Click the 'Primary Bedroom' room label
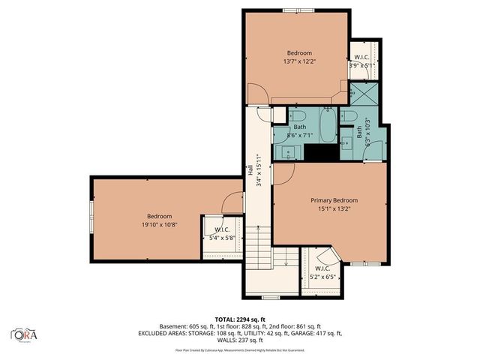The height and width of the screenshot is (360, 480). coord(334,200)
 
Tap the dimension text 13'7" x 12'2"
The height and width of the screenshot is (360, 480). coord(298,61)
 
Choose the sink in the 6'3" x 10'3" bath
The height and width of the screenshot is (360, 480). coord(346,143)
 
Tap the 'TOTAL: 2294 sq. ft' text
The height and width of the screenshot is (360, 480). coord(239,319)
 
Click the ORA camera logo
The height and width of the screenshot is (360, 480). coord(22,333)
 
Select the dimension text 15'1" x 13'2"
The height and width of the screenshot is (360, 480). coord(334,209)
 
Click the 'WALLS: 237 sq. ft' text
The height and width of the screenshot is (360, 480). coord(239,340)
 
